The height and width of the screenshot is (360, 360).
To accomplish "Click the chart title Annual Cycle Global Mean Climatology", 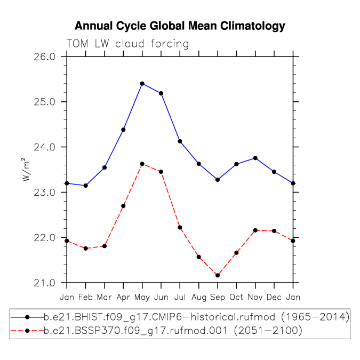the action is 180,26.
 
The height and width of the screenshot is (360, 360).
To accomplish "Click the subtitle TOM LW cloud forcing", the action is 127,44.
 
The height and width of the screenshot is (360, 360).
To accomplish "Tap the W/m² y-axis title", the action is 26,170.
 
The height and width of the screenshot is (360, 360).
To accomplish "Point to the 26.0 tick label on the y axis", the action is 45,57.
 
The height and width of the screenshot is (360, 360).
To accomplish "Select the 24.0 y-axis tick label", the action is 45,147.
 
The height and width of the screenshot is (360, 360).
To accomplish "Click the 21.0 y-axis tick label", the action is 45,283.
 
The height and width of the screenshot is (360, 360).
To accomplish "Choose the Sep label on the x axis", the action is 218,298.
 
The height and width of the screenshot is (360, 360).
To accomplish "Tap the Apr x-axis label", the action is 123,298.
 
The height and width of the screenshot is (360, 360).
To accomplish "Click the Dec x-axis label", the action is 274,297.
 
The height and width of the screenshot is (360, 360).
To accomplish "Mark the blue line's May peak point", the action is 142,84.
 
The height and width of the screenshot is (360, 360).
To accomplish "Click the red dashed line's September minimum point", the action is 218,275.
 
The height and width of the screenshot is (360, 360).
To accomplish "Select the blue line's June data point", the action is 161,93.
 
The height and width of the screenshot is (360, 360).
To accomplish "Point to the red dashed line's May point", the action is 142,164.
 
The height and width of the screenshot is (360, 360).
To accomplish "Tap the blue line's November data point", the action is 255,158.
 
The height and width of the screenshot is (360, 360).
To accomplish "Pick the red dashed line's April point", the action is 123,206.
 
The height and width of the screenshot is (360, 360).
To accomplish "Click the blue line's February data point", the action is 86,186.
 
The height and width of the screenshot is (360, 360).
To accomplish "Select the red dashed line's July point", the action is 180,228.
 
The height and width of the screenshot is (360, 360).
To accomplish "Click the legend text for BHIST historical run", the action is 196,317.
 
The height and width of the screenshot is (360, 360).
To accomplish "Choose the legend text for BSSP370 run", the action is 173,331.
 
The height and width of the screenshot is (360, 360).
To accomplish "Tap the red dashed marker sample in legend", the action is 27,331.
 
